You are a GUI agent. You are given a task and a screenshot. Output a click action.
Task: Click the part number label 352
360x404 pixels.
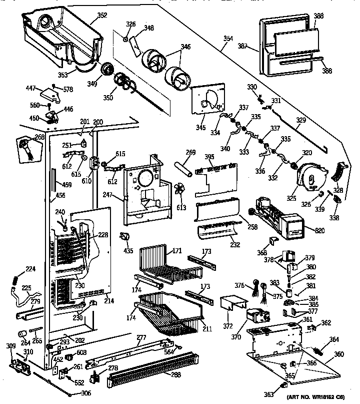click(x=102, y=16)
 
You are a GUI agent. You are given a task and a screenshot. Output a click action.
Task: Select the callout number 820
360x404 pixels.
click(x=317, y=230)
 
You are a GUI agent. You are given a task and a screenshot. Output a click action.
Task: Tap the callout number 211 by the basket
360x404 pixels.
click(x=207, y=329)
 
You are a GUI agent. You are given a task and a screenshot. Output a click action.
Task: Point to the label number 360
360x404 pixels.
click(x=339, y=354)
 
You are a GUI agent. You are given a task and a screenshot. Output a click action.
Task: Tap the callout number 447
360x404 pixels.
click(x=31, y=89)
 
